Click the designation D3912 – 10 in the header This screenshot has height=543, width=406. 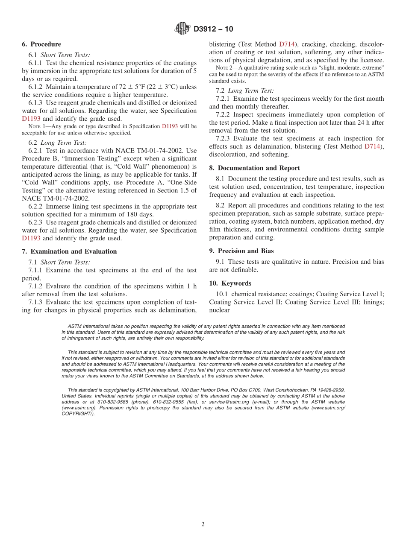[x=213, y=29]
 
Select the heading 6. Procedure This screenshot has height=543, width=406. [x=41, y=44]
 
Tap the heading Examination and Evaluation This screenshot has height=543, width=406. [x=69, y=251]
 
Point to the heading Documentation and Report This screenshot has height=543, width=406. [x=255, y=168]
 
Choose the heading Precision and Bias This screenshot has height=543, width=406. [x=241, y=251]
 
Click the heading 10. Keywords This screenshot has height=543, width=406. [x=230, y=283]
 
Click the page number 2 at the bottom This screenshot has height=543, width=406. [x=203, y=525]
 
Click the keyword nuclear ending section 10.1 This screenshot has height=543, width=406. [x=219, y=310]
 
